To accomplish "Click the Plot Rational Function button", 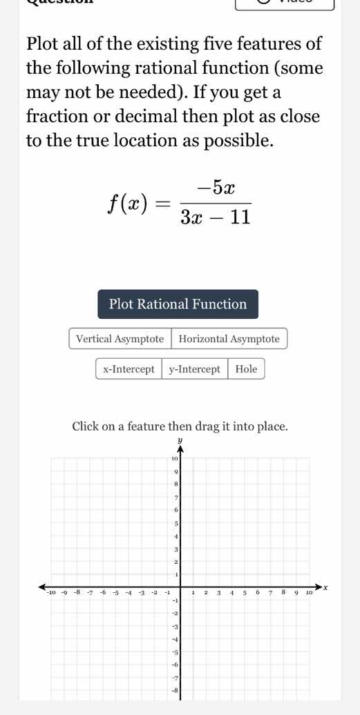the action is pos(178,304).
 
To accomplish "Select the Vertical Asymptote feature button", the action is pos(120,339).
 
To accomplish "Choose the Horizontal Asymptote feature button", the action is pos(229,339).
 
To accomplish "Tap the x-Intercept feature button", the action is pos(129,369).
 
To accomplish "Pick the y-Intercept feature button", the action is pos(194,369).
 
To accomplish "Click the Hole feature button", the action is pos(246,369).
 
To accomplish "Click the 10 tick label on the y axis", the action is pos(174,458).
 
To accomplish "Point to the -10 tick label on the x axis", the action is pos(49,593).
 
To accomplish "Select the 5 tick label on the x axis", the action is pos(245,592).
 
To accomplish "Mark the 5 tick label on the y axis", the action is pos(176,524).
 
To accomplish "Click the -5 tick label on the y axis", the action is pos(176,652).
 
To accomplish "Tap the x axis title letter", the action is pos(326,587).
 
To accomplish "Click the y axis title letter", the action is pos(180,439).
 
